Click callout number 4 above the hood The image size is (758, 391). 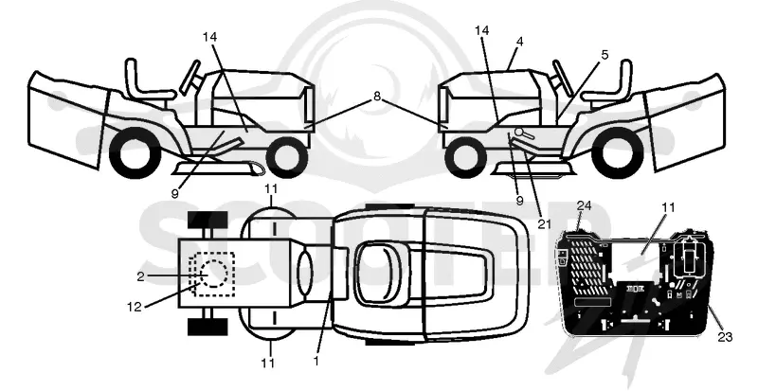(x=519, y=42)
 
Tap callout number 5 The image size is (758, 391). (x=605, y=55)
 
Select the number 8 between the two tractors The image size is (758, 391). (x=376, y=97)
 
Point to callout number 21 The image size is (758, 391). (x=544, y=222)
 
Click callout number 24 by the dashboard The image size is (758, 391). (x=584, y=206)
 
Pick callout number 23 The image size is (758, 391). (x=725, y=336)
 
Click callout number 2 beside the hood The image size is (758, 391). (x=140, y=275)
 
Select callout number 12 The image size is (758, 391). (x=135, y=307)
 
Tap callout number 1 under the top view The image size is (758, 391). (x=316, y=361)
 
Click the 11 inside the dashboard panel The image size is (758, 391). (x=669, y=207)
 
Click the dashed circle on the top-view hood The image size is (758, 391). (x=211, y=274)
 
